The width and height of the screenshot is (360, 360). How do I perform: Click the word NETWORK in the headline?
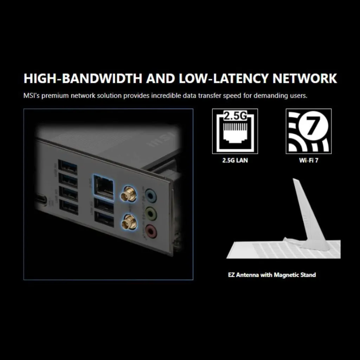click(x=305, y=78)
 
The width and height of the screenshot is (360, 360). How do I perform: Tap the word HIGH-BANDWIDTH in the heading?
click(x=83, y=78)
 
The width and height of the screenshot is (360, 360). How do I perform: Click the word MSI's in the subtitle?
click(x=31, y=96)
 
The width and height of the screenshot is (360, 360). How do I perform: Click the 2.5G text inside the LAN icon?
click(x=235, y=116)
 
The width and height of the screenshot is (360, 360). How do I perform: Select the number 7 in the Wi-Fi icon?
click(x=311, y=127)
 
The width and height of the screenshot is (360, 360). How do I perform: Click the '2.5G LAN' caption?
click(x=235, y=160)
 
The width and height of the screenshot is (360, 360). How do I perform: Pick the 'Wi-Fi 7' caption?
click(x=309, y=160)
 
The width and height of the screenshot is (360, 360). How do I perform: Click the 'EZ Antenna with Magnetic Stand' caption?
click(x=272, y=275)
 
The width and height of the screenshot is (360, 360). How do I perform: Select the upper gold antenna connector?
click(x=129, y=194)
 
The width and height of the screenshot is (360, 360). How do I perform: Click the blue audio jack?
click(x=150, y=195)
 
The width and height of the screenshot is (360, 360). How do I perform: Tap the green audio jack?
click(x=150, y=213)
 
